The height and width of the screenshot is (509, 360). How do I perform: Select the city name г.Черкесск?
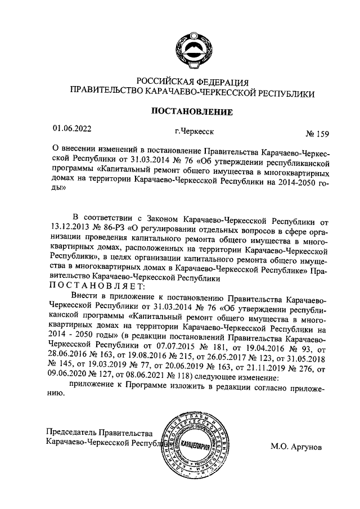click(x=194, y=132)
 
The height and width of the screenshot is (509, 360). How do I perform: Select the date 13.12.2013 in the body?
click(x=69, y=228)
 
